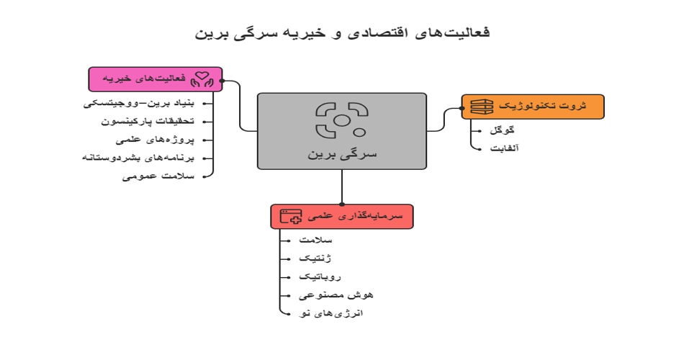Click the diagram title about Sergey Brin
point(342,33)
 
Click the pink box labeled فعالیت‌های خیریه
point(156,79)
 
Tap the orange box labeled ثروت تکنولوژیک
point(533,107)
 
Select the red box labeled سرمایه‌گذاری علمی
point(342,216)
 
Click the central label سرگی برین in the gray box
point(342,154)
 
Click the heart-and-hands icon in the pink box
point(204,79)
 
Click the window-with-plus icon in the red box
point(291,216)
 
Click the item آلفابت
point(504,148)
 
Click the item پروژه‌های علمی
point(162,140)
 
